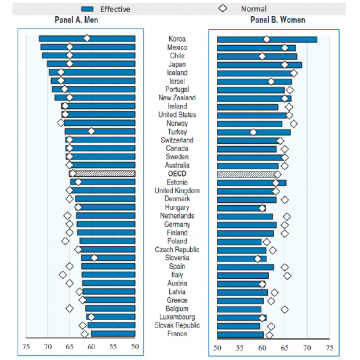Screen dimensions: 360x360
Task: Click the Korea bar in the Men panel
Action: click(x=87, y=39)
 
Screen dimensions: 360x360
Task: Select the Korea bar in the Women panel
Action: click(x=267, y=39)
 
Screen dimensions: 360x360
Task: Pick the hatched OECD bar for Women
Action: click(x=246, y=174)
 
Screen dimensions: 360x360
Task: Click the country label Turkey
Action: click(x=177, y=132)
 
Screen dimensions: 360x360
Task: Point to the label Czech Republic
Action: click(x=177, y=249)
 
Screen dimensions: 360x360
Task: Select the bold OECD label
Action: click(x=177, y=174)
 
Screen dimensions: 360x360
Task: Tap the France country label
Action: click(x=177, y=333)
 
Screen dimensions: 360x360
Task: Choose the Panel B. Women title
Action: click(x=278, y=20)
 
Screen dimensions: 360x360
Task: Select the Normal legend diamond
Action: click(x=223, y=9)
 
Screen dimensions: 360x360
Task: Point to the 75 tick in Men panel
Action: click(x=26, y=348)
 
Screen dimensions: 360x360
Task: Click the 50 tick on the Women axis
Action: click(x=217, y=348)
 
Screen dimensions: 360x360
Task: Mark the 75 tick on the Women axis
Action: click(x=329, y=348)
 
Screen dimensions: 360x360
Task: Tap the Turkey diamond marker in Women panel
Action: click(x=253, y=132)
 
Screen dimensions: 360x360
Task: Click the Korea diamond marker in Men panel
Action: click(x=87, y=38)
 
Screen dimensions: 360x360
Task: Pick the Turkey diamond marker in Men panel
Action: click(x=91, y=132)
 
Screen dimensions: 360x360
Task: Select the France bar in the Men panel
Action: click(x=113, y=333)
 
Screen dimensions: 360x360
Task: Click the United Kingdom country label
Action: click(x=177, y=191)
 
